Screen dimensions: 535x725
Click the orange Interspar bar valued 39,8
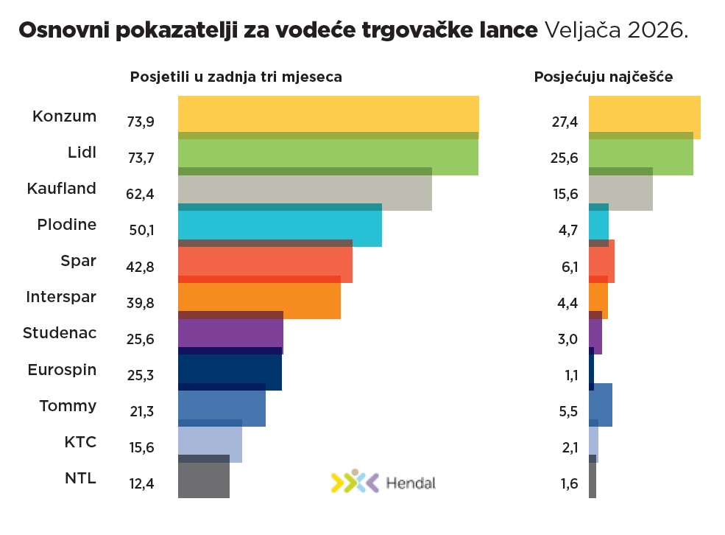pyautogui.click(x=259, y=298)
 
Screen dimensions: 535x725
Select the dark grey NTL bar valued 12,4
pyautogui.click(x=204, y=480)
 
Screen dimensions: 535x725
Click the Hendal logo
pyautogui.click(x=383, y=483)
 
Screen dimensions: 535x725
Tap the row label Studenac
pyautogui.click(x=60, y=332)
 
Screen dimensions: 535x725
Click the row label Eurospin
pyautogui.click(x=62, y=369)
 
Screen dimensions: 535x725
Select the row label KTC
pyautogui.click(x=80, y=441)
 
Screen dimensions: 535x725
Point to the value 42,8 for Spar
pyautogui.click(x=140, y=267)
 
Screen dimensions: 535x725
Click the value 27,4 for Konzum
pyautogui.click(x=565, y=122)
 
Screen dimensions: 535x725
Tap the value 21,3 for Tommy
pyautogui.click(x=140, y=411)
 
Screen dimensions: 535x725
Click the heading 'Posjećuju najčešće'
pyautogui.click(x=603, y=77)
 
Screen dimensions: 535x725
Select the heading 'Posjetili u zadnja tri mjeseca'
pyautogui.click(x=236, y=77)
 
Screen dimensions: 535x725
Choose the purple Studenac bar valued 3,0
pyautogui.click(x=595, y=334)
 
